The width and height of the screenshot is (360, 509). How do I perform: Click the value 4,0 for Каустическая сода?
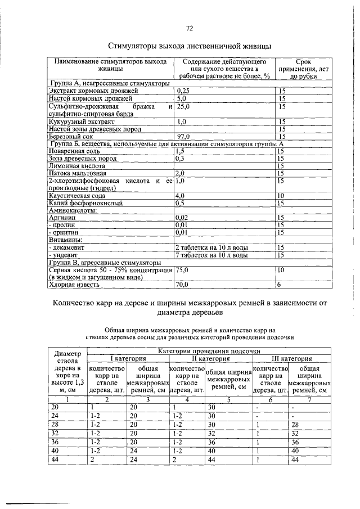click(x=181, y=196)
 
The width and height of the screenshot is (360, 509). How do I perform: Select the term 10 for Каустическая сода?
click(x=281, y=196)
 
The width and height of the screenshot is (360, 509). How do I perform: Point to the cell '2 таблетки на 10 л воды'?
click(x=211, y=247)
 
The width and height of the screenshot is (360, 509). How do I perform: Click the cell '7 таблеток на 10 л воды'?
click(x=211, y=255)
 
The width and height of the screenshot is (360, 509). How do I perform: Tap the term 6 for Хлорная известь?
click(x=278, y=285)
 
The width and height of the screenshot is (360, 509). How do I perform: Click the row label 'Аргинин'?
click(x=62, y=218)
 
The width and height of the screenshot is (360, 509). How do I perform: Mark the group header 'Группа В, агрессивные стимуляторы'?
click(x=105, y=262)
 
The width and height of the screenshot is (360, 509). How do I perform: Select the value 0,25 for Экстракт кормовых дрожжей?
click(x=183, y=90)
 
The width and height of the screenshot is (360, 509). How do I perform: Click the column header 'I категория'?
click(x=127, y=358)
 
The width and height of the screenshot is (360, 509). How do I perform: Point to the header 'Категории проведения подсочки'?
click(x=209, y=350)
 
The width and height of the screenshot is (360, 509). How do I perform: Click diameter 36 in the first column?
click(x=55, y=443)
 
